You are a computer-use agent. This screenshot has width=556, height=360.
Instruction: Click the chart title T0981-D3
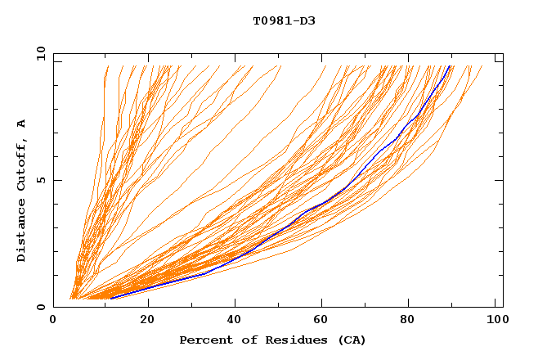tap(284, 20)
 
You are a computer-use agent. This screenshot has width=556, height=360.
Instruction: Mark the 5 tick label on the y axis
tap(41, 180)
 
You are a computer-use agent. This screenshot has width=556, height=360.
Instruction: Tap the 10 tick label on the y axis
tap(38, 53)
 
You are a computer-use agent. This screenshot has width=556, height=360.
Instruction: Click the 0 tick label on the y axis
tap(41, 307)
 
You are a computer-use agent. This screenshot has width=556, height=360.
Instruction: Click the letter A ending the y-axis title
tap(22, 123)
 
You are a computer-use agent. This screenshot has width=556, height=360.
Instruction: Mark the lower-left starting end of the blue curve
tap(110, 299)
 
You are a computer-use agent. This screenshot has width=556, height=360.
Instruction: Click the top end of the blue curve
tap(450, 65)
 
